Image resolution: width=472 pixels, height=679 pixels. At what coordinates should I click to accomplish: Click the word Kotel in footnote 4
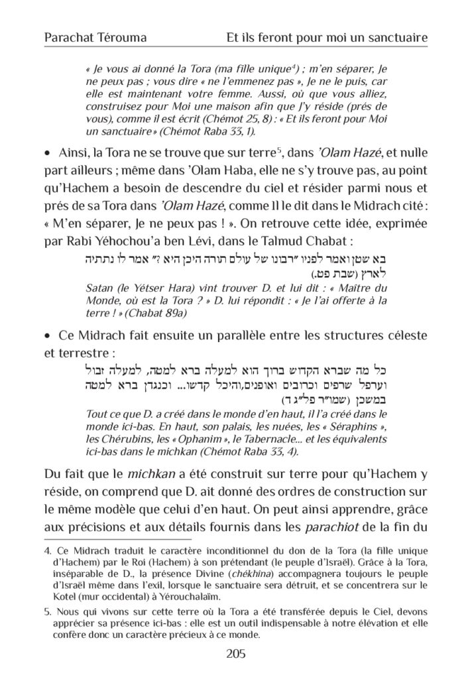[59, 595]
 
